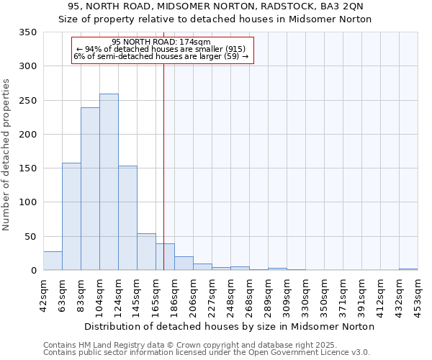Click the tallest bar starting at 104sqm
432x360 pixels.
(109, 182)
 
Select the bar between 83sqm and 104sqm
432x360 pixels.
(90, 189)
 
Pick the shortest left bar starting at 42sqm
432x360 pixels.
(53, 261)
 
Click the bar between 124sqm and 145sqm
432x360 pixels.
(127, 218)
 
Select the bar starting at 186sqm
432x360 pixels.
(184, 264)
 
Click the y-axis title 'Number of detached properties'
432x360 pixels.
(6, 155)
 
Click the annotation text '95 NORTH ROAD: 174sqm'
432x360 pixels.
(161, 42)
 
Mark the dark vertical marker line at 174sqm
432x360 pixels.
(164, 158)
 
